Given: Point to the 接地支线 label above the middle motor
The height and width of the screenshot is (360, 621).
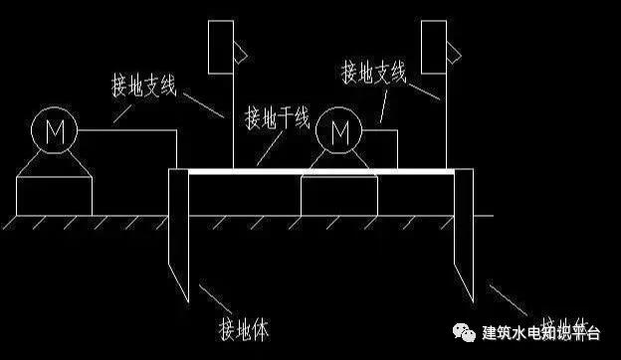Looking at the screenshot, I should pos(374,72).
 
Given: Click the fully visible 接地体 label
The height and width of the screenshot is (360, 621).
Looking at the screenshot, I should pos(243,326).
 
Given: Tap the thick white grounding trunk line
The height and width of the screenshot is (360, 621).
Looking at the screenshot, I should pos(318,171).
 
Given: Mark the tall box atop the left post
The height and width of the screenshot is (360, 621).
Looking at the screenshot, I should pos(220,46).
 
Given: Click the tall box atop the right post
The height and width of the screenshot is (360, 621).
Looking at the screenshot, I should pos(433,46).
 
